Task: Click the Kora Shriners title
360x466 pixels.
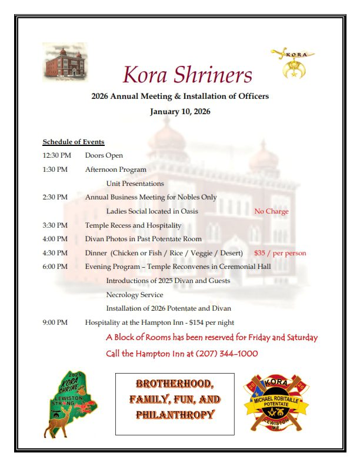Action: [187, 75]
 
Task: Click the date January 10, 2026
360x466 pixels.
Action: [180, 111]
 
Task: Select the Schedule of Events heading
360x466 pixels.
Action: [74, 142]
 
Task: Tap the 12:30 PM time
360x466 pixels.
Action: [56, 155]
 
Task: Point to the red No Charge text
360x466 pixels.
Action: [271, 211]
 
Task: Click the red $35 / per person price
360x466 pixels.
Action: [280, 253]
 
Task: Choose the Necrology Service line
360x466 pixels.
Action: [135, 295]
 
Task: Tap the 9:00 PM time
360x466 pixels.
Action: [55, 322]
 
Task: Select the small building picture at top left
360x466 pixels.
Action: [65, 62]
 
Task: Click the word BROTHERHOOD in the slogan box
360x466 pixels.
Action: [175, 384]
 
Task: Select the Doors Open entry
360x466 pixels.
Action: [104, 155]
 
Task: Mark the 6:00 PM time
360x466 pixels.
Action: [55, 267]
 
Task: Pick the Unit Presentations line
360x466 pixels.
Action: [135, 184]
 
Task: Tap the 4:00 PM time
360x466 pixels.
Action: [55, 239]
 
